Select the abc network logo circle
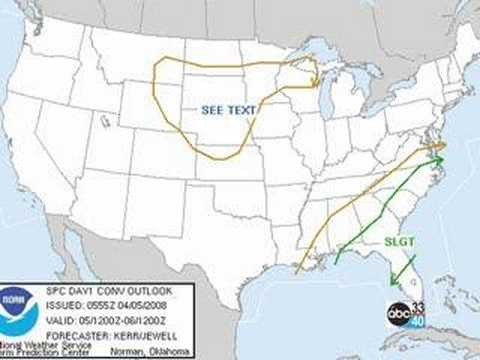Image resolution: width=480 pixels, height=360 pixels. pos(400,313)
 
